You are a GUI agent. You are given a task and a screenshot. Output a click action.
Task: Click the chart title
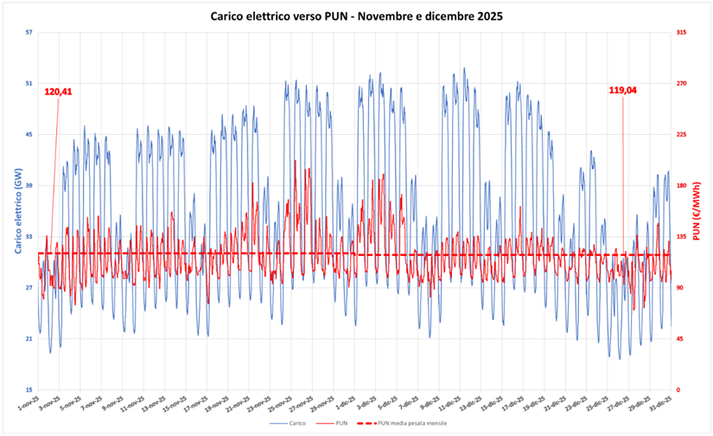click(357, 16)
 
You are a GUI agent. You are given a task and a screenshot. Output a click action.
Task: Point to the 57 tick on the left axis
click(29, 32)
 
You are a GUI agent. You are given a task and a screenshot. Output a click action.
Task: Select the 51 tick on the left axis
click(29, 83)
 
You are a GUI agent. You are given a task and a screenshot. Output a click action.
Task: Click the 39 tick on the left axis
click(29, 185)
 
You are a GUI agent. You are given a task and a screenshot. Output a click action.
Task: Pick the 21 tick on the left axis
click(29, 339)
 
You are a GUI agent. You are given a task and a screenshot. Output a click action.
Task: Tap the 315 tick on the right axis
click(682, 32)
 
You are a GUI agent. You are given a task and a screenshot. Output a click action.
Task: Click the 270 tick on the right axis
click(682, 83)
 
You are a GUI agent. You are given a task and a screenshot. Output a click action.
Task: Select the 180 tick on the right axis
click(682, 185)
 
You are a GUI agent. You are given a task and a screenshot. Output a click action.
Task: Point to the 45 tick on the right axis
click(681, 339)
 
